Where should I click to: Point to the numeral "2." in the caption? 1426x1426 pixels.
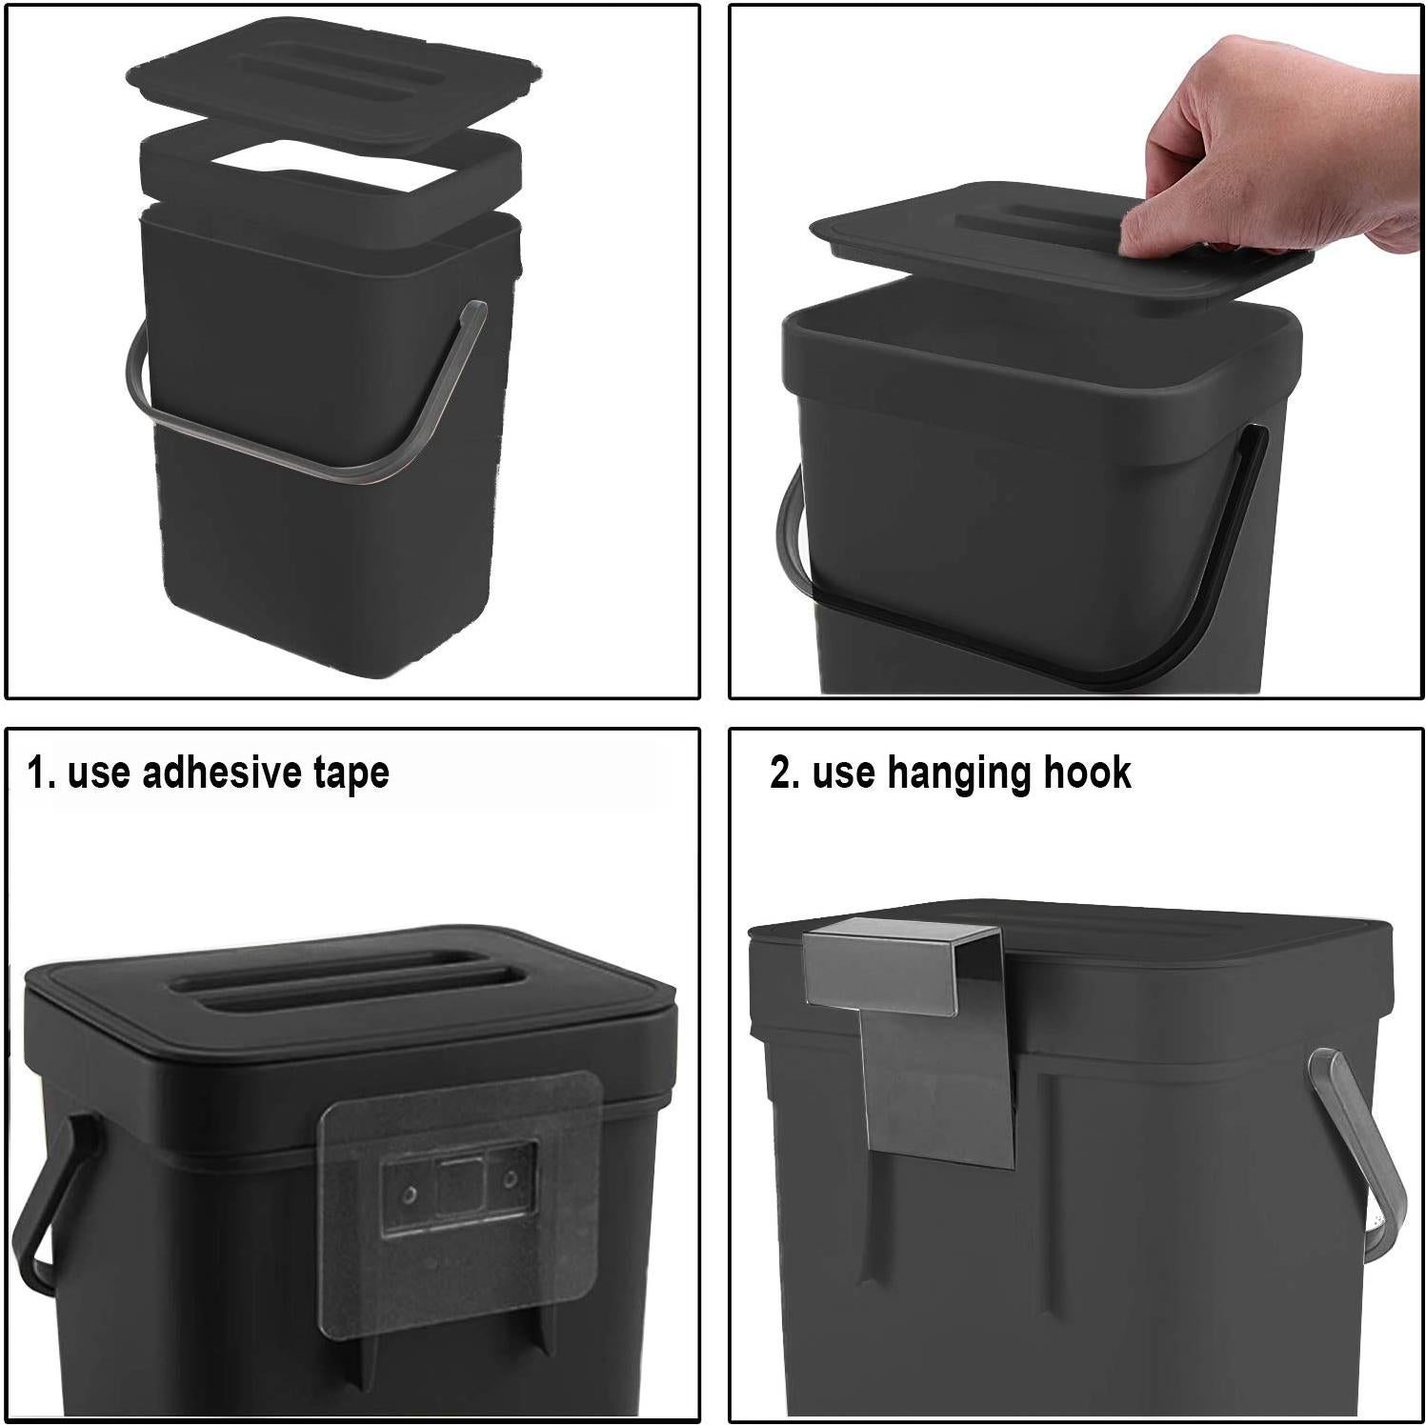click(x=785, y=773)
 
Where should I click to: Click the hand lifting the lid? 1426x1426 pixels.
click(x=1276, y=152)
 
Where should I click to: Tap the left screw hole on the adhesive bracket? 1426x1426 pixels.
click(x=409, y=1194)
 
